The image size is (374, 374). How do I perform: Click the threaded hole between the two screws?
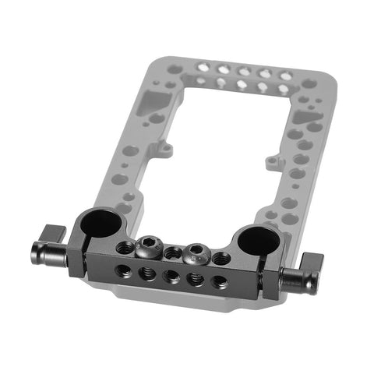173,252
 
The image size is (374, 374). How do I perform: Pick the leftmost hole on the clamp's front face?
122,269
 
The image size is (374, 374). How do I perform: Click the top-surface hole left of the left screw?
124,247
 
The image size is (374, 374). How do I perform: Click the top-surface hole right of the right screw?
221,258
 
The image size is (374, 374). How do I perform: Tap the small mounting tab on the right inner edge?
271,162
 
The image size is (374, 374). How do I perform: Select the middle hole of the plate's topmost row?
244,72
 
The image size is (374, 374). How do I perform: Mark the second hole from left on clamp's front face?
146,273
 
